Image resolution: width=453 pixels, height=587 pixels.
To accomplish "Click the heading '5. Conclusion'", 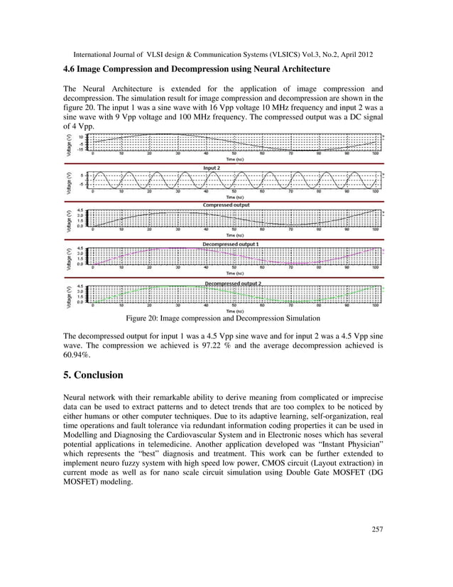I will coord(93,375).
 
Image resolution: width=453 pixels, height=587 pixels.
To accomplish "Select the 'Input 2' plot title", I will coord(211,168).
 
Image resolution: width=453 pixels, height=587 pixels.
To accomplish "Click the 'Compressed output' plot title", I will coord(226,205).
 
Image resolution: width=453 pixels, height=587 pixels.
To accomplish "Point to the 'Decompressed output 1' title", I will coord(230,244).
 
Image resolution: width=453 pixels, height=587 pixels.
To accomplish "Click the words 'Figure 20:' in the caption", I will coord(144,318).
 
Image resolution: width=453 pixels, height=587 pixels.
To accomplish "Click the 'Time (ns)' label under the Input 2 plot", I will coord(232,197).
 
